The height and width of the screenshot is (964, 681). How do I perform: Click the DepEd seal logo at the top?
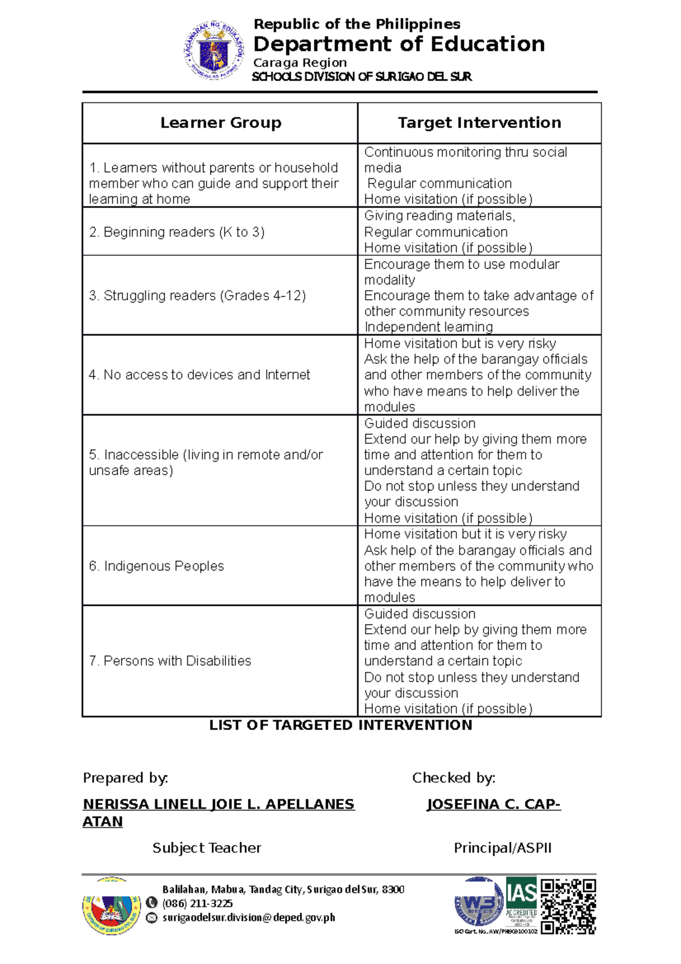click(x=213, y=50)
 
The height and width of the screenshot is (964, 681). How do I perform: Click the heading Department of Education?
click(x=399, y=44)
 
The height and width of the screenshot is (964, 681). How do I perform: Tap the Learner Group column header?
click(x=221, y=123)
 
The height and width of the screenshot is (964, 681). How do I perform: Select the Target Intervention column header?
click(x=480, y=123)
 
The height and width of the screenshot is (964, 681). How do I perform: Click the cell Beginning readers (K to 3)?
click(x=176, y=232)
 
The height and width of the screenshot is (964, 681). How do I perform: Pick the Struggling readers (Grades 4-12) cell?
click(x=197, y=296)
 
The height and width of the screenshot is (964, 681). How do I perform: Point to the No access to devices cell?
click(x=199, y=375)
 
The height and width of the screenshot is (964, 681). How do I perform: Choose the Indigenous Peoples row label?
click(x=156, y=566)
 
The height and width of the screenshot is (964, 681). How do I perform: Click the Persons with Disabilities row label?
click(x=170, y=661)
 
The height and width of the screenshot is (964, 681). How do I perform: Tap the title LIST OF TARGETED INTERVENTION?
click(x=340, y=725)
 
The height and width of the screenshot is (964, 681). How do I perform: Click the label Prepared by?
click(x=125, y=778)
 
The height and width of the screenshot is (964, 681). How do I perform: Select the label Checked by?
click(x=453, y=778)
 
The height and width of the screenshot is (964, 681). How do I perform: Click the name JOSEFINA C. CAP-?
click(x=494, y=804)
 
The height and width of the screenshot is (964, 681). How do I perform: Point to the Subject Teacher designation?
click(x=207, y=848)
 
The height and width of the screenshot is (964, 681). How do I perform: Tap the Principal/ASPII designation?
click(x=502, y=848)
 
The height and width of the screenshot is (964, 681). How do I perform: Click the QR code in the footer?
click(x=568, y=906)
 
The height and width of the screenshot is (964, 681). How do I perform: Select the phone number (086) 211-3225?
click(x=197, y=903)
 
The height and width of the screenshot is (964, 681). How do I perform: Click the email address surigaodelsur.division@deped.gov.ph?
click(x=249, y=917)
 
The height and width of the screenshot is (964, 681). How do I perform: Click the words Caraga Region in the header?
click(x=300, y=62)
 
